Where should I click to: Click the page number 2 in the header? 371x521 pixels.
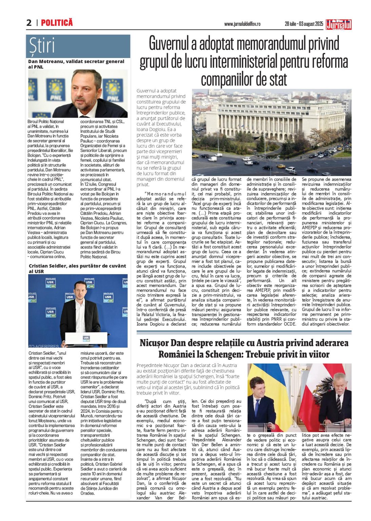(29, 23)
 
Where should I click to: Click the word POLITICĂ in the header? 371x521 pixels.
(57, 23)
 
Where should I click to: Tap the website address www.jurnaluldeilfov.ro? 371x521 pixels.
(242, 24)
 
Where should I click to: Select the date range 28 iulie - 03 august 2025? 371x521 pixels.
(304, 24)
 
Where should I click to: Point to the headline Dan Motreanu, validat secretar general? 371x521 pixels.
(76, 62)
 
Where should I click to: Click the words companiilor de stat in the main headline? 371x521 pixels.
(244, 79)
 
